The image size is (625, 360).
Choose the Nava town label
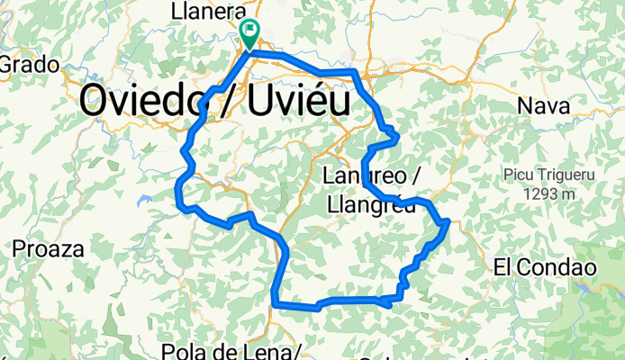pyautogui.click(x=544, y=105)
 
